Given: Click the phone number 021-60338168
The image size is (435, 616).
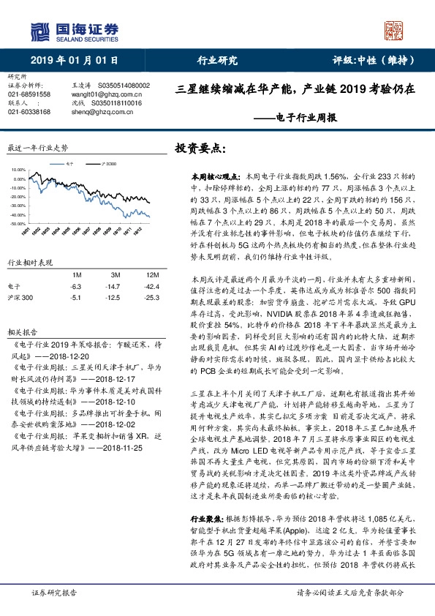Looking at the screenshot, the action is coord(29,112).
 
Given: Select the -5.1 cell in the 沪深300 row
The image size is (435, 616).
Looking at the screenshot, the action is coord(75,298).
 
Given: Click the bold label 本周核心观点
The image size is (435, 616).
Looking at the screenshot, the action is coord(210,177).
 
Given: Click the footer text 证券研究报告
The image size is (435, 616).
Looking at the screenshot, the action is coord(53,593).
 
